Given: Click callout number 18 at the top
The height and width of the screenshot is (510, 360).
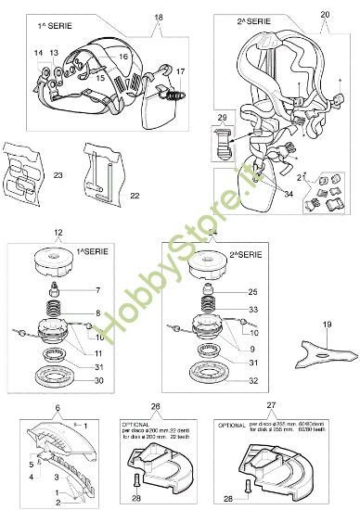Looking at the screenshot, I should [x=158, y=18].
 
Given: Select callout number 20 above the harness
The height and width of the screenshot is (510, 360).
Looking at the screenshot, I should [x=324, y=15].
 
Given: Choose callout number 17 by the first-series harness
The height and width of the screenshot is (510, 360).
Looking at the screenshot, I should [x=180, y=70].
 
